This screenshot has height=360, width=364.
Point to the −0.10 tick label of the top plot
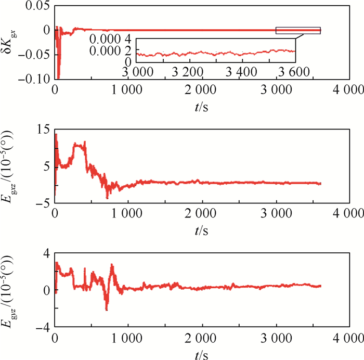click(33, 79)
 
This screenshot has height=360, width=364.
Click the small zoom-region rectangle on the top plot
click(298, 31)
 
